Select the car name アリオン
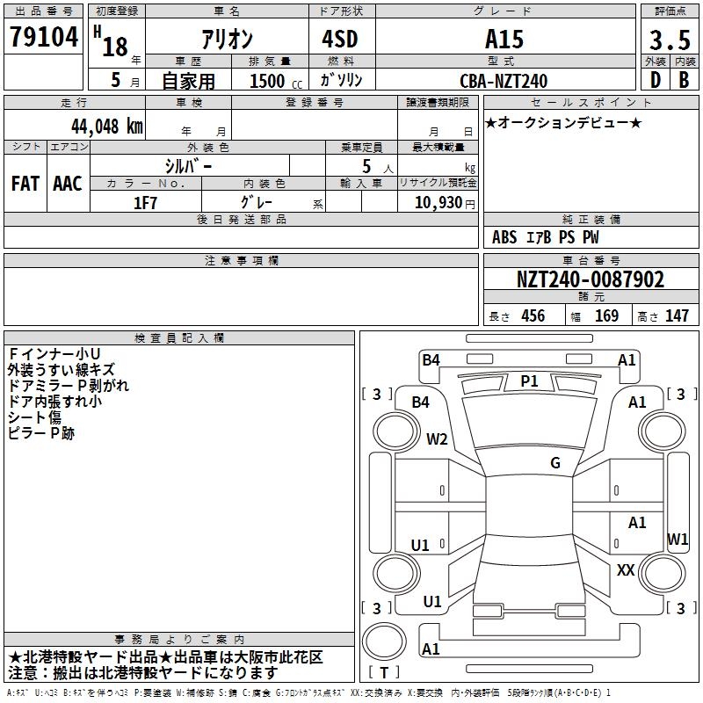[x=228, y=40]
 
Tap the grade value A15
[x=504, y=40]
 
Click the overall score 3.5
[x=669, y=40]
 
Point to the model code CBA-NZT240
[x=504, y=81]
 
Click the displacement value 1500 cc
[x=273, y=81]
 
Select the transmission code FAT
[x=25, y=184]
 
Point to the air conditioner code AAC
[x=68, y=184]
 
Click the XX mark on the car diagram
[x=626, y=570]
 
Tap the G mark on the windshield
[x=554, y=463]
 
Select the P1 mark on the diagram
[x=529, y=381]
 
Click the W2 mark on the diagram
[x=437, y=439]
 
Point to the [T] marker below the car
[x=384, y=672]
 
